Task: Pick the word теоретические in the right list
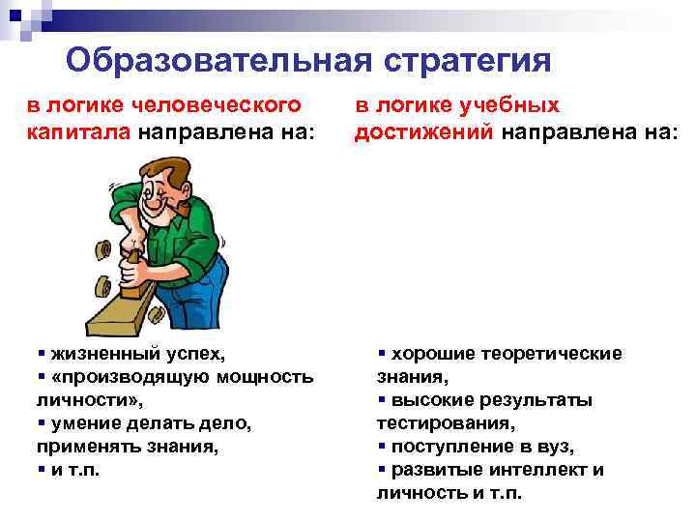coord(553,354)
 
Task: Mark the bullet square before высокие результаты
coord(382,400)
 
